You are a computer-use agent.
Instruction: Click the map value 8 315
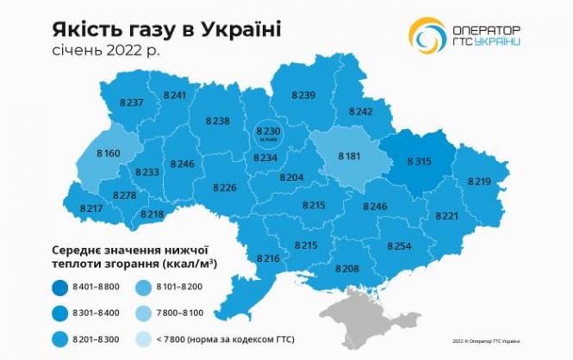tap(412, 160)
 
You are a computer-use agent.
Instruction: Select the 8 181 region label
tap(350, 156)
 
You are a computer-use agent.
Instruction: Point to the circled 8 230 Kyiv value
tap(270, 130)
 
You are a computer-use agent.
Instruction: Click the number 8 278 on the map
tap(124, 196)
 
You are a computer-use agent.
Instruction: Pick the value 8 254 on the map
tap(399, 246)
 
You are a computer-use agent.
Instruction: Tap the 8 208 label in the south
tap(347, 269)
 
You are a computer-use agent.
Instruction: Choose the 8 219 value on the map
tap(479, 181)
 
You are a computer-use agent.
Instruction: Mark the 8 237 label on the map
tap(132, 102)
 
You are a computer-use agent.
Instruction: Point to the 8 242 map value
tap(360, 111)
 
